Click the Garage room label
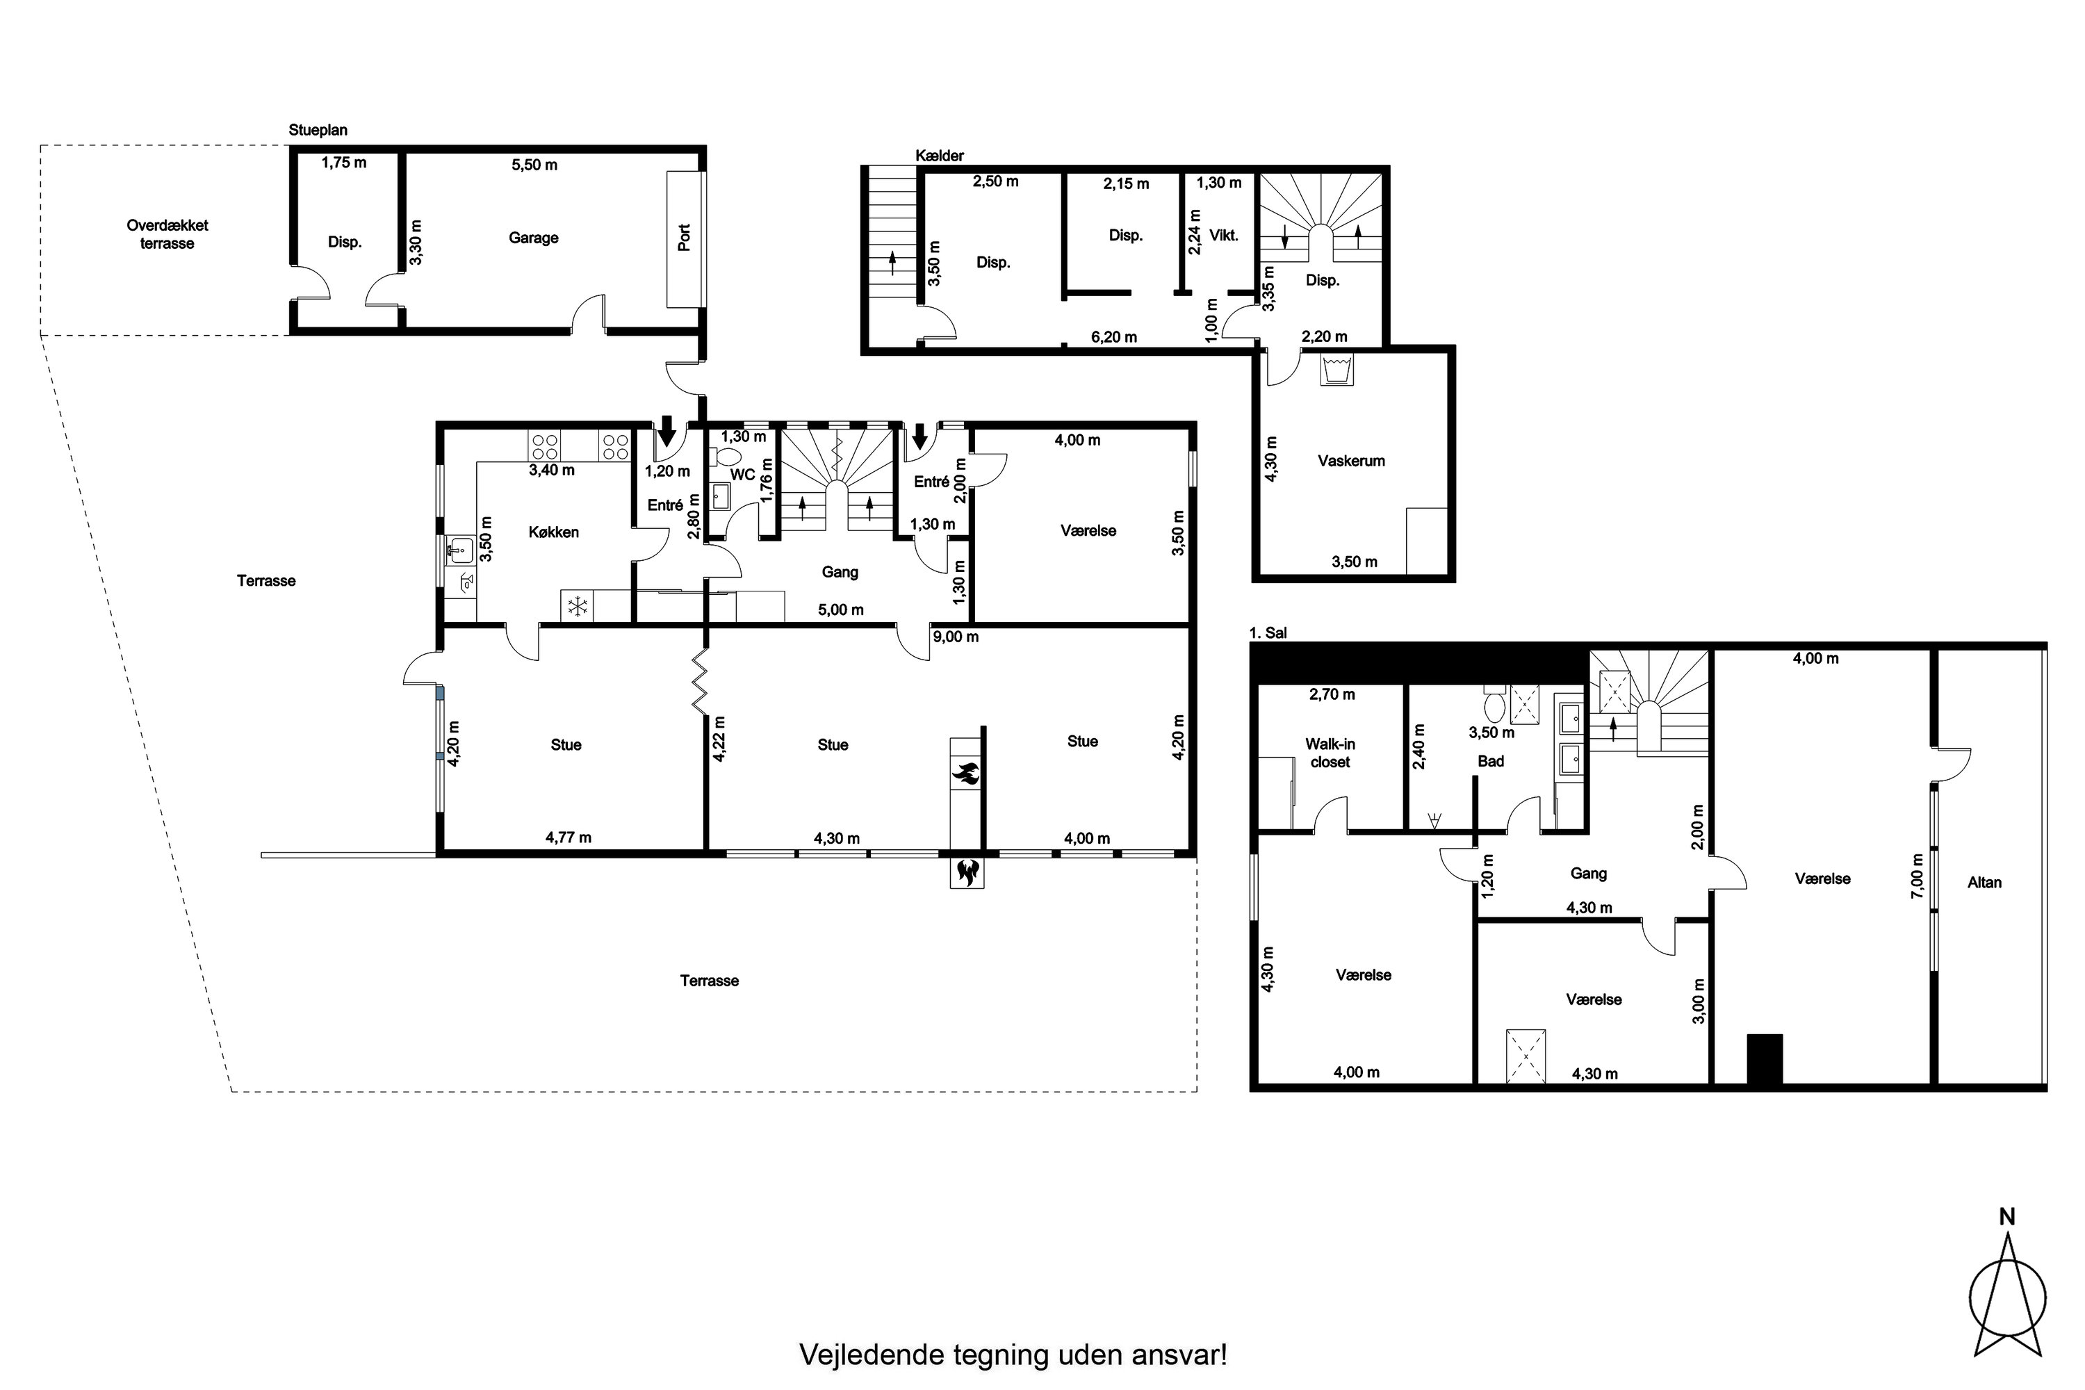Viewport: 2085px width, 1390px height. click(533, 238)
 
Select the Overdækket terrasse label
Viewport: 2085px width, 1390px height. click(167, 234)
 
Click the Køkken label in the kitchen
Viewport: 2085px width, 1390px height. click(553, 532)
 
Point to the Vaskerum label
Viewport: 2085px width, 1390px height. click(1351, 461)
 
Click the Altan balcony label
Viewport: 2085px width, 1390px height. click(1984, 882)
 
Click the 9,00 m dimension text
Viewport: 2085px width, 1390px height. click(955, 637)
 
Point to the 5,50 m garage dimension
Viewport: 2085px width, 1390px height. click(534, 165)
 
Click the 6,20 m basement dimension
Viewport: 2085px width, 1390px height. click(1113, 337)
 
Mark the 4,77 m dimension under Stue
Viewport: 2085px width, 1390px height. click(569, 837)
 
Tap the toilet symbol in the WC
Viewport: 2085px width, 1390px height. click(727, 457)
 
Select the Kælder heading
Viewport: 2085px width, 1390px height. click(940, 156)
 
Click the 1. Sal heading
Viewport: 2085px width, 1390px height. click(1268, 633)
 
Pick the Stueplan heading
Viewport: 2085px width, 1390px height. click(318, 131)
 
